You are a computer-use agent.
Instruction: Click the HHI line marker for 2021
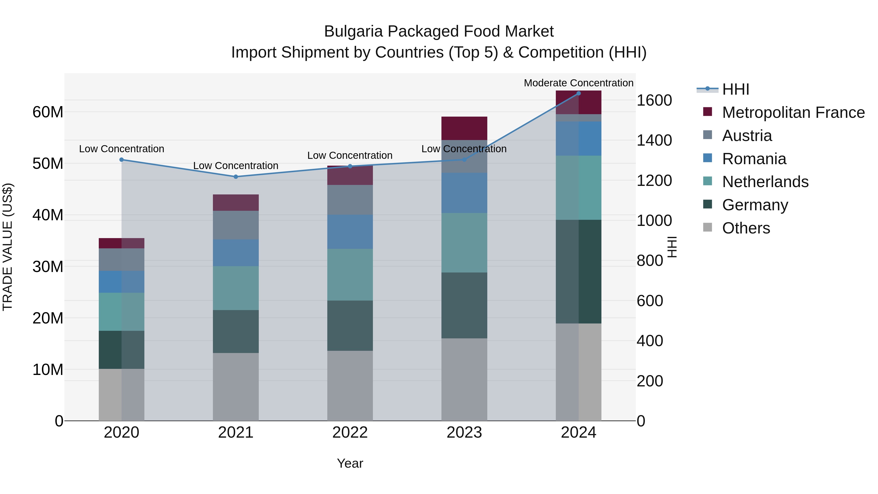click(236, 177)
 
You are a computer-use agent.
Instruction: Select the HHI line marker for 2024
click(579, 93)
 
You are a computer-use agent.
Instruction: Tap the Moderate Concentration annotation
click(579, 83)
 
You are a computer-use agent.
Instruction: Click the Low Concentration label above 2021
click(236, 166)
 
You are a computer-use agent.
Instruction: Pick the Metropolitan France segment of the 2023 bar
click(464, 128)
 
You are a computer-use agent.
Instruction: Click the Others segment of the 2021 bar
click(236, 387)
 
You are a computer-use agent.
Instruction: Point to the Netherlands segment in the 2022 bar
click(350, 274)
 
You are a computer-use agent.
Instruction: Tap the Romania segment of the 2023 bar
click(464, 193)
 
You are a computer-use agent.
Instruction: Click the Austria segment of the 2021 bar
click(236, 225)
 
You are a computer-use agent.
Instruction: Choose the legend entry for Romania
click(754, 159)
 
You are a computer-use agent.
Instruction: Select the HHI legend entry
click(735, 89)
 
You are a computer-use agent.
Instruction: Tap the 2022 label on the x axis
click(350, 433)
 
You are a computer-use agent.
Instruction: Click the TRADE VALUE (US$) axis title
click(8, 247)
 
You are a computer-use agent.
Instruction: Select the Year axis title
click(350, 463)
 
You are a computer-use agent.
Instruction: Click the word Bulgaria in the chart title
click(353, 31)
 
